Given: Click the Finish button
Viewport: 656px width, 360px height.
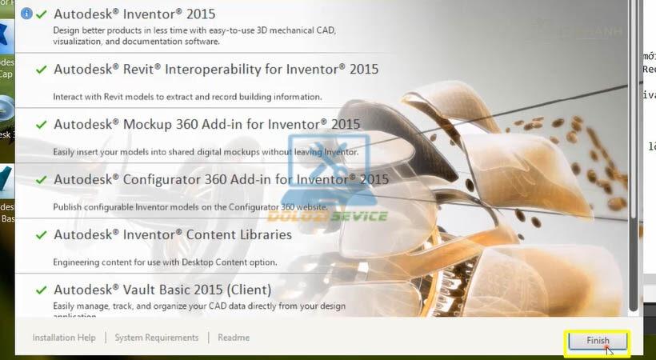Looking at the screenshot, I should point(598,341).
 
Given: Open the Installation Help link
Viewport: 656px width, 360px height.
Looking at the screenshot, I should point(64,338).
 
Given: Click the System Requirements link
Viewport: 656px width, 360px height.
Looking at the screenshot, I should point(156,338).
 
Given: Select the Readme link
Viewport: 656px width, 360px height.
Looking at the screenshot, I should point(234,338).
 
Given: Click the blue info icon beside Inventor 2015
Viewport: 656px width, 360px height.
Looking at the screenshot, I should point(26,14).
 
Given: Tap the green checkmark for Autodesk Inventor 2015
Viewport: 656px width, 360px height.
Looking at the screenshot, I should point(41,14).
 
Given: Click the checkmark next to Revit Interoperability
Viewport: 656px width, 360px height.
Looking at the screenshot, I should point(41,70).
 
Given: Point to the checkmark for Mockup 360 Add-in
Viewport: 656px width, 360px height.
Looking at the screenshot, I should point(41,125).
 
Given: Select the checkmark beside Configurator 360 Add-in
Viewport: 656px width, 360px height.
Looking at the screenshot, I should point(41,180).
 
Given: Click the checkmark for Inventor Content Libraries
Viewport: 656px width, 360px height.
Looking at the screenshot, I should point(41,235).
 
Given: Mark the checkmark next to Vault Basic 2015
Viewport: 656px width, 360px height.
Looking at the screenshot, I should point(41,290).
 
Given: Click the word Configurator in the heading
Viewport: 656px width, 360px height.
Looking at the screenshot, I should point(166,180).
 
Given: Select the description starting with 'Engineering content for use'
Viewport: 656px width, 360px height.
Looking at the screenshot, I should point(165,262).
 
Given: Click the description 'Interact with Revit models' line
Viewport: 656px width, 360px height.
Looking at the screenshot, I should point(187,97).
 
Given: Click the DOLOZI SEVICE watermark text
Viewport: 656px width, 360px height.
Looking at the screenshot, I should point(326,216).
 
